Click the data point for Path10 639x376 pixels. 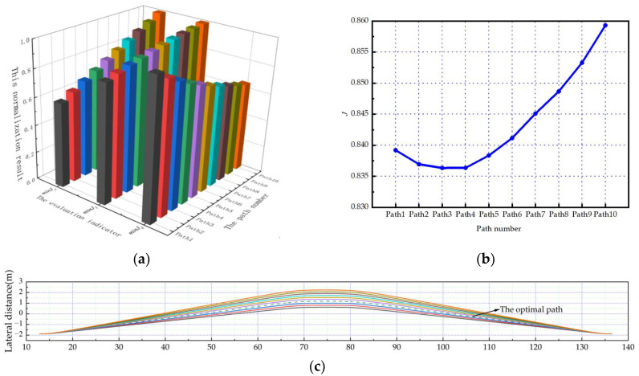(x=605, y=25)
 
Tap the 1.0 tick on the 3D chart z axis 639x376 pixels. (x=27, y=38)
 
